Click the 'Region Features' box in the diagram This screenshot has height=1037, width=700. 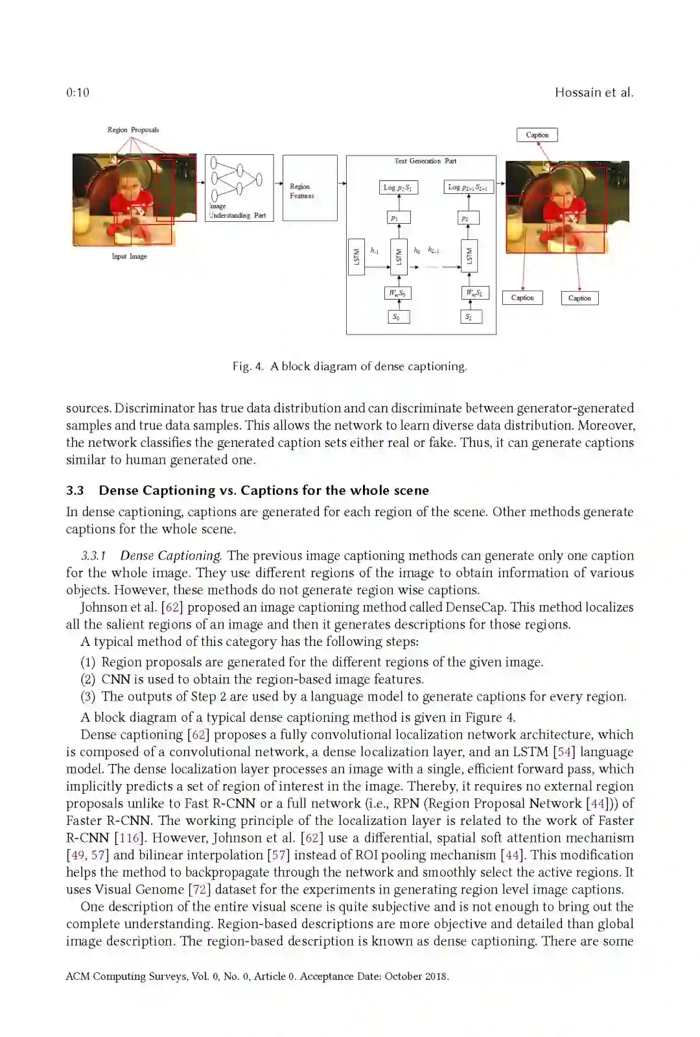(310, 188)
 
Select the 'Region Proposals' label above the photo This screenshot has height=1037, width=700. (133, 130)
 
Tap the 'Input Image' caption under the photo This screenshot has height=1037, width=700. (129, 256)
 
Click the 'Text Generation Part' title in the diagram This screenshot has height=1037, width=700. (425, 161)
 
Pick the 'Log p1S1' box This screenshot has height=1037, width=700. (398, 187)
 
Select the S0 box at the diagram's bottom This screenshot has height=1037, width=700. (399, 317)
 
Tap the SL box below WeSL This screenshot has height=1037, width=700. (470, 317)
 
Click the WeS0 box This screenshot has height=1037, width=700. (398, 293)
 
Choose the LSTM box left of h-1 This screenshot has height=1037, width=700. (356, 257)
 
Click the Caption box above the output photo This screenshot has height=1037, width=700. (537, 135)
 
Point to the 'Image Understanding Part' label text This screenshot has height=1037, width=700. (237, 211)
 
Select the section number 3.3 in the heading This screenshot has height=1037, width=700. (75, 490)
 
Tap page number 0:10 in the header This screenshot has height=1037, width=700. (78, 93)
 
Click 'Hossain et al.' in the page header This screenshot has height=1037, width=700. (594, 93)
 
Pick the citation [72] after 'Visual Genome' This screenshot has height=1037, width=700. (200, 889)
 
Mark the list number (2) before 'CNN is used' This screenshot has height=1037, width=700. (88, 679)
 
